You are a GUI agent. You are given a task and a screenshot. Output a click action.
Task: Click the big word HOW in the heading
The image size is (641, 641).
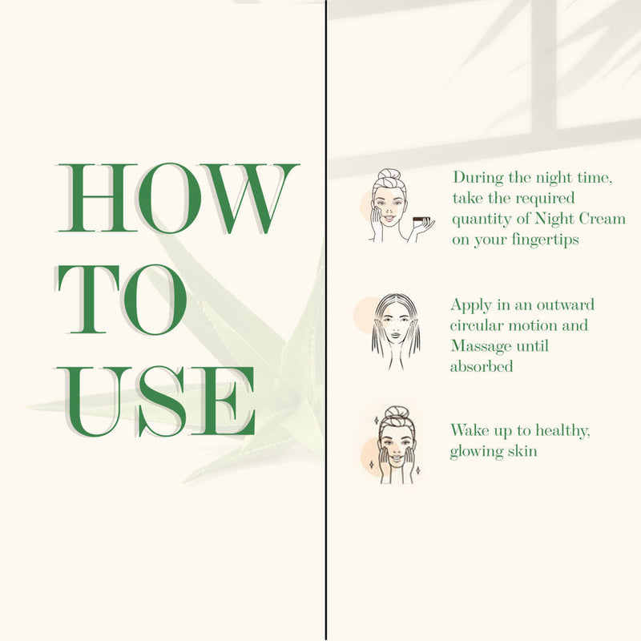(177, 198)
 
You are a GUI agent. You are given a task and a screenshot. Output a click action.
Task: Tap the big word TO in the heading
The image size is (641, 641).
(122, 300)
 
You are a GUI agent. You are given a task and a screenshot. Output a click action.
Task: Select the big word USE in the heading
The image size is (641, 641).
(155, 401)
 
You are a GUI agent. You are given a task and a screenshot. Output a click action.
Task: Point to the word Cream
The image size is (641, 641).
(603, 219)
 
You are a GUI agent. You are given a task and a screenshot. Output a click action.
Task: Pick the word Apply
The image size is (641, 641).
(471, 305)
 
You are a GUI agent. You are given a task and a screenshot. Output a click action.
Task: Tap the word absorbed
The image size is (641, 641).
(482, 366)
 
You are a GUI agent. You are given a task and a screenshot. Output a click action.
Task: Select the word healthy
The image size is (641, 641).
(562, 431)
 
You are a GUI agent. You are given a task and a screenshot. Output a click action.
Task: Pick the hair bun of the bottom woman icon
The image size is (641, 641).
(396, 412)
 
